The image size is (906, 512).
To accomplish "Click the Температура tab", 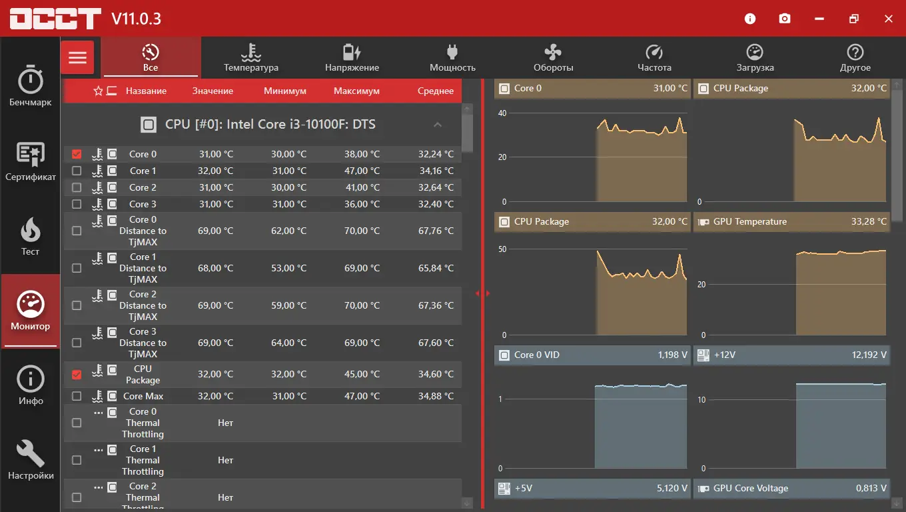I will click(x=250, y=58).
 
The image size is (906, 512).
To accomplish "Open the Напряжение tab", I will click(x=352, y=58).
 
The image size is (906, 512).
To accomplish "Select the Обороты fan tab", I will click(x=553, y=58).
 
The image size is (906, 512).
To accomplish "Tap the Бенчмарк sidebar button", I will click(x=30, y=86).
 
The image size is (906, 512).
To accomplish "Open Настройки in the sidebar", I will click(x=30, y=459).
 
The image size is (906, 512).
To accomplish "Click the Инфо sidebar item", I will click(x=30, y=385).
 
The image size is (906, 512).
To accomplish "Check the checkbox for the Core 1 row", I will click(x=77, y=171).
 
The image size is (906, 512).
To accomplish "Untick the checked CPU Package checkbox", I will click(x=77, y=375).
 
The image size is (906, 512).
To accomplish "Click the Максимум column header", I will click(x=356, y=91).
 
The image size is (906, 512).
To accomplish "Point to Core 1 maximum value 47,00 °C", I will click(x=362, y=171).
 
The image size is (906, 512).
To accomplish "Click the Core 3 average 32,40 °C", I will click(x=436, y=204).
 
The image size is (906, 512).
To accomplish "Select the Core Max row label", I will click(x=143, y=396).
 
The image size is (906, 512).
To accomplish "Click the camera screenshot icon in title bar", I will click(x=785, y=19).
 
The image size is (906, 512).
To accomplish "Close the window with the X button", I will click(x=888, y=19).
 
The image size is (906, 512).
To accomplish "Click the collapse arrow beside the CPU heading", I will click(x=438, y=125).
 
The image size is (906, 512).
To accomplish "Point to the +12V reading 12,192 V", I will click(x=869, y=355).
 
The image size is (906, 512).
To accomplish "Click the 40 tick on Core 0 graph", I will click(x=502, y=113).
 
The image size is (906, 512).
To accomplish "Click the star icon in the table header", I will click(x=98, y=91).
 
